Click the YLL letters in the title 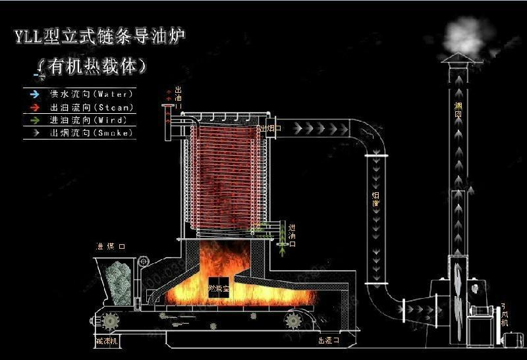pos(29,36)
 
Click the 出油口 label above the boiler pos(177,97)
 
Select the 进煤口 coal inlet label pos(110,247)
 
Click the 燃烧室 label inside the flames pos(217,289)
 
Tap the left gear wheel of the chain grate pos(111,321)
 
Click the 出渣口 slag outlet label pos(327,341)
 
